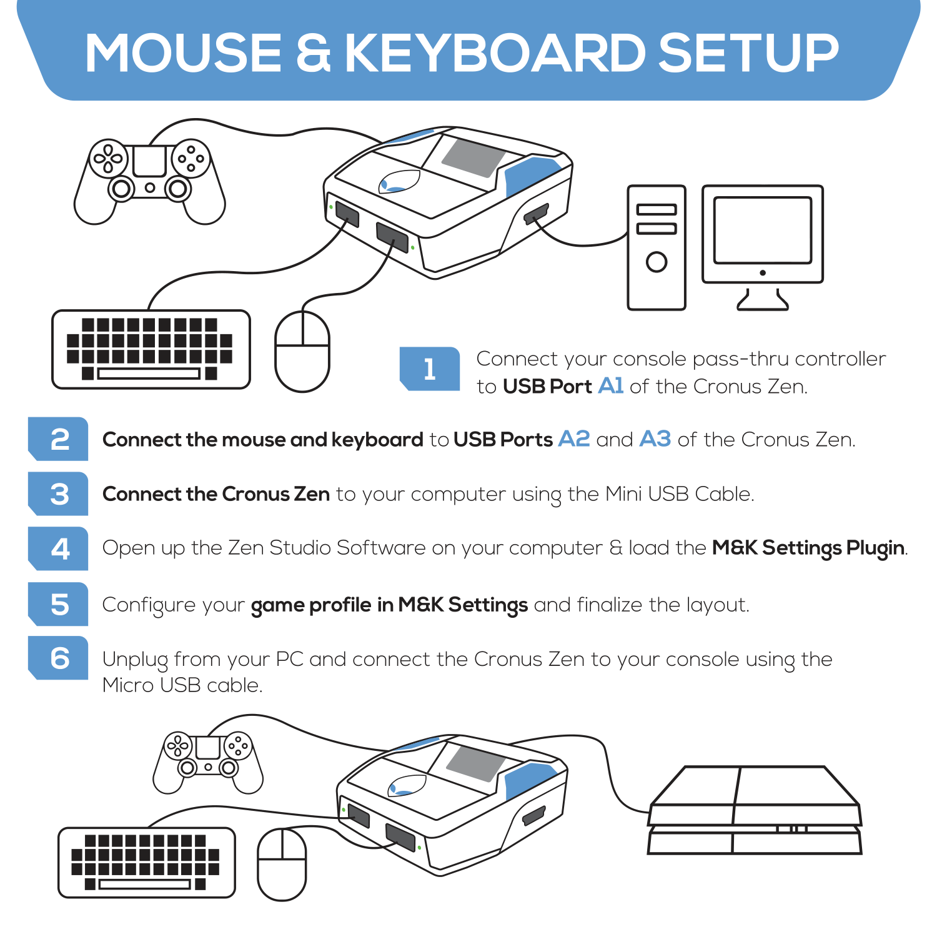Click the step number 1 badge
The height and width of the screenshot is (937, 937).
coord(430,369)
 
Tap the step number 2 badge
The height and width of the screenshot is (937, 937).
coord(59,439)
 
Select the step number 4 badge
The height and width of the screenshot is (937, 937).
coord(59,549)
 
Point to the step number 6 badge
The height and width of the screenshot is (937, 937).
coord(59,658)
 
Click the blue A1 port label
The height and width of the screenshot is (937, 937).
coord(610,386)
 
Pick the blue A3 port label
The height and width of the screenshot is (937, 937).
coord(655,439)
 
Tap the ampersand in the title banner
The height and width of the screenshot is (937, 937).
coord(312,53)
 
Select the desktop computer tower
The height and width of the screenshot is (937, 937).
coord(656,247)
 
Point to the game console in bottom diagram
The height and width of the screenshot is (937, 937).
coord(755,811)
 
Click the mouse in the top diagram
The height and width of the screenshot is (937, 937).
coord(302,352)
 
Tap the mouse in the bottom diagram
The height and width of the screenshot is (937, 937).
coord(282,865)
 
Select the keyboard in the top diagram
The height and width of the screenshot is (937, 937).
coord(151,349)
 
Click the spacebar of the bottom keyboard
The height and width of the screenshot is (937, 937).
coord(144,884)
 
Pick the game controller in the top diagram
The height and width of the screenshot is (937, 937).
coord(149,178)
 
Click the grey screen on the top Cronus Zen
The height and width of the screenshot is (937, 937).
coord(473,157)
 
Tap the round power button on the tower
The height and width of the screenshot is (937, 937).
coord(656,262)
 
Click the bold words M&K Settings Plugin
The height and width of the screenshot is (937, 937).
coord(808,548)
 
